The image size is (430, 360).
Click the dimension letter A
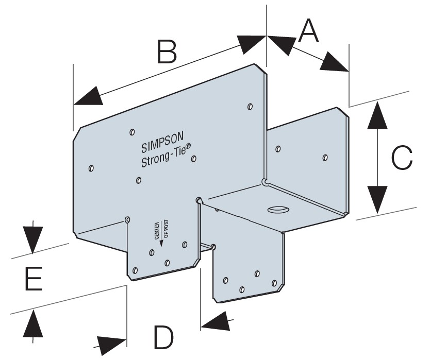point(309,31)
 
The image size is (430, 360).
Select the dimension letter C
point(402,158)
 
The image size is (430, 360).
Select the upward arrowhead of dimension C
point(378,113)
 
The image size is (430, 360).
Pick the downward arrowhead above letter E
point(32,238)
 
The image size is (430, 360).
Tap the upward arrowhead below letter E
point(32,323)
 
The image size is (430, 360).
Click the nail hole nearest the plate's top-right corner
point(250,107)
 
